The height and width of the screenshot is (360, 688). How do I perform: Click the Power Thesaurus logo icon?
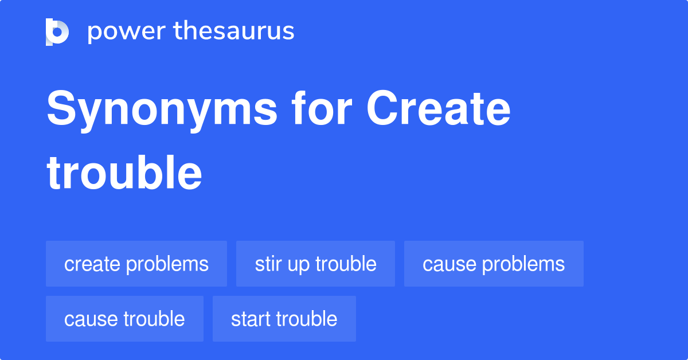(57, 32)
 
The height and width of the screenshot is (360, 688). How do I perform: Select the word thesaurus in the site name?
(234, 32)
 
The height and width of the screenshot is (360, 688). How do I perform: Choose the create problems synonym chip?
(136, 264)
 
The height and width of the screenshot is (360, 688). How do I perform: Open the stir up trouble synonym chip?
(315, 264)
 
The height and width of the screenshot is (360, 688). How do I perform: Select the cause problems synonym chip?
(494, 264)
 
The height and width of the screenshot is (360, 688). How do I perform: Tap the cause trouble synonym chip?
(124, 319)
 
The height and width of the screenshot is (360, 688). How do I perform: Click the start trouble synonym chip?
(284, 319)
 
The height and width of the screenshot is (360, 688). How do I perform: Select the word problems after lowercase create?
(167, 264)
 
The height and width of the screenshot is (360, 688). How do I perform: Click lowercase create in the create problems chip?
(92, 264)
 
